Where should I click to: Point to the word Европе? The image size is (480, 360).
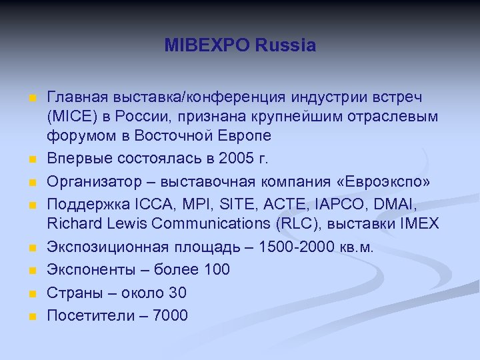click(247, 136)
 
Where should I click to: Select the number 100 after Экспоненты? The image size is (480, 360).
click(217, 270)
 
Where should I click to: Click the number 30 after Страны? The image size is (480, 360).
click(178, 293)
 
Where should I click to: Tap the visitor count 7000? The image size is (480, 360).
click(171, 315)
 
